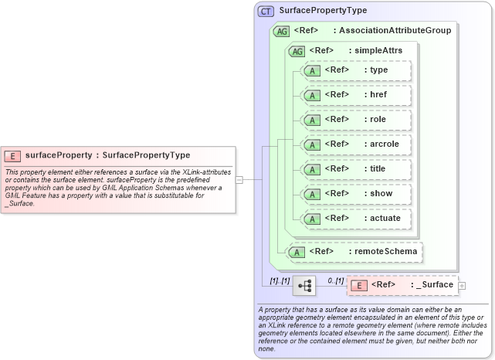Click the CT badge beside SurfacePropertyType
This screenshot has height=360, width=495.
(266, 11)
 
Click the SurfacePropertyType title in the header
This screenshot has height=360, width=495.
(323, 11)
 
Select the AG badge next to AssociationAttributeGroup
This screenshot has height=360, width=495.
(282, 31)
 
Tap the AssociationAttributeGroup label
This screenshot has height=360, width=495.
(394, 31)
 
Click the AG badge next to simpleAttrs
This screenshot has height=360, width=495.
(296, 51)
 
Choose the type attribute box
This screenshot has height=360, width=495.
(357, 70)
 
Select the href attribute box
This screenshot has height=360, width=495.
(357, 95)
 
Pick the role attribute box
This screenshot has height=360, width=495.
(357, 120)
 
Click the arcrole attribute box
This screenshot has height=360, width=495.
(357, 144)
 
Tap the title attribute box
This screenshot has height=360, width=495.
(357, 169)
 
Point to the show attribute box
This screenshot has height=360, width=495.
(357, 194)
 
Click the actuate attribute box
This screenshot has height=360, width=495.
(357, 219)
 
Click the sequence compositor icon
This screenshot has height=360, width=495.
(304, 286)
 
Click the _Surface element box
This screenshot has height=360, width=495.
(402, 285)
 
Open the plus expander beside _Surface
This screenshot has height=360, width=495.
(463, 286)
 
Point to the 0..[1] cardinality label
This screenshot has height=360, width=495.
(335, 280)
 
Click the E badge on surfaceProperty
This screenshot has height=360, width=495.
(13, 155)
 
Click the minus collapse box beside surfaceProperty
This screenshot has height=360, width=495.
(239, 179)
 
